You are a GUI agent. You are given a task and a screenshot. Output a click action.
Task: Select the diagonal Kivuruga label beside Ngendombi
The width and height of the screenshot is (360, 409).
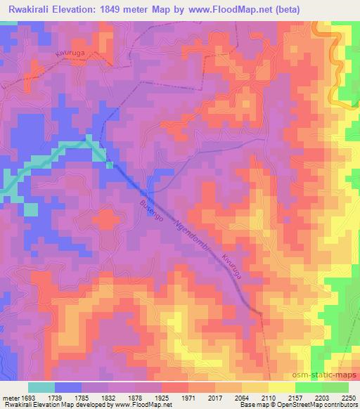coord(235,268)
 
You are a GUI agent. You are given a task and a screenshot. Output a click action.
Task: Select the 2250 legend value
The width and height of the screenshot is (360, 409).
coord(348,397)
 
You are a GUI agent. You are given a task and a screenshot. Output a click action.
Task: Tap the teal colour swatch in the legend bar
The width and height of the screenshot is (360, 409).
coord(42,387)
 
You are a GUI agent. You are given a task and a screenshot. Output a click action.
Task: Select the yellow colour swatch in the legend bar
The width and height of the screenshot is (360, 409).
coord(282,387)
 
